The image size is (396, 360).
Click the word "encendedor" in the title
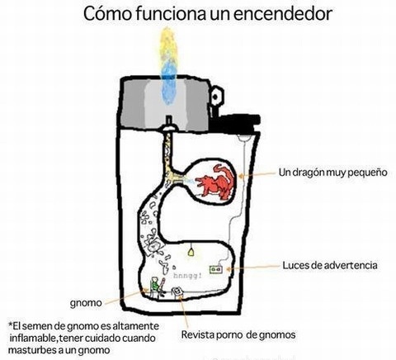point(283,14)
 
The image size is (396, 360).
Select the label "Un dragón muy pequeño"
point(332,173)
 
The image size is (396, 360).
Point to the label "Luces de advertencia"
point(330,265)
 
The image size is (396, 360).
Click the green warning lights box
point(215,269)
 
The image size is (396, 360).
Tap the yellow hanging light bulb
point(191,252)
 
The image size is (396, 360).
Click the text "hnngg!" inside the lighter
point(187,276)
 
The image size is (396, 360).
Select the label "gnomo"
point(86,303)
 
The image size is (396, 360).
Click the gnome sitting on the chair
point(157,287)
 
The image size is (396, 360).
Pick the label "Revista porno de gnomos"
point(238,334)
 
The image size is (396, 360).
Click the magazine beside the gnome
point(177,291)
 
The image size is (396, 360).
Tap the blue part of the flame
point(168,83)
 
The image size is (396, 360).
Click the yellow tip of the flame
point(167,44)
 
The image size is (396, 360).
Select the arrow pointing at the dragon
point(257,174)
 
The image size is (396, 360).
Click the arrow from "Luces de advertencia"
point(253,268)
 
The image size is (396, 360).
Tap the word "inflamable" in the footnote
point(33,338)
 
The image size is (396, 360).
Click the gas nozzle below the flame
point(169,124)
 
